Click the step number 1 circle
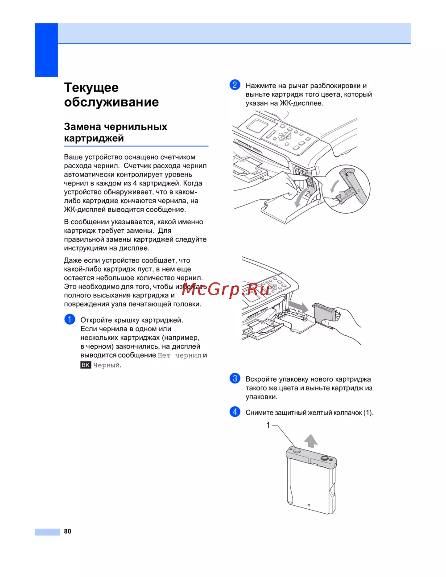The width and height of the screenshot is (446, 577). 70,319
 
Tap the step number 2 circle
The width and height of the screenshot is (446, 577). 235,85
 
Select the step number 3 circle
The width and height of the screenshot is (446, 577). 235,379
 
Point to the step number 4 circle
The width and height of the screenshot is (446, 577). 235,412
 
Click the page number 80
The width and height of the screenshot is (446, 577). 67,531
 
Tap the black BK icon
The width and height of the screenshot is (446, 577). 86,365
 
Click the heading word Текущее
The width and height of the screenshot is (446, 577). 91,87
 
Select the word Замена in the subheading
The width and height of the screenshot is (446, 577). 83,127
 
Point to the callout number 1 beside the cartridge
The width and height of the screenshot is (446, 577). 268,425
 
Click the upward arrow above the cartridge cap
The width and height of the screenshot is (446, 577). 311,440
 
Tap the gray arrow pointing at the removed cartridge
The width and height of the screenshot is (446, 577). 298,306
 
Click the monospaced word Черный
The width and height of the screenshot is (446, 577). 107,365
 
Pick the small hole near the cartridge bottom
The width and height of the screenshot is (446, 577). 309,505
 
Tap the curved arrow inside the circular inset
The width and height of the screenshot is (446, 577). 333,185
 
